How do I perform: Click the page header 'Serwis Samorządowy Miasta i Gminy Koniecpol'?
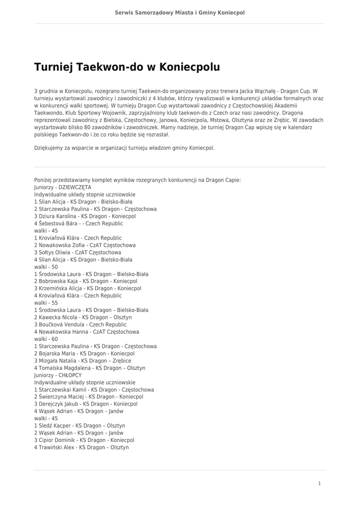180,13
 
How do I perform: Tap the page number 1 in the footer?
319,483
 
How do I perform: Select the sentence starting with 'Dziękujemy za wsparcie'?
124,148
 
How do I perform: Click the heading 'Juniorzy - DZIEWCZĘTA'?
63,188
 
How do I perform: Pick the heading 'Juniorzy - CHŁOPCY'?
58,375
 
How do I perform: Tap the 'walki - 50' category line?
46,267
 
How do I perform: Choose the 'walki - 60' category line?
46,339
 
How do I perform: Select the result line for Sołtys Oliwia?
77,253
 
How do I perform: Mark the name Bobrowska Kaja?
58,281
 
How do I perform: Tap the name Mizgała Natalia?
57,361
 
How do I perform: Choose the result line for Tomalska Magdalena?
89,368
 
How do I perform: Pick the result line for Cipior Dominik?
84,440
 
